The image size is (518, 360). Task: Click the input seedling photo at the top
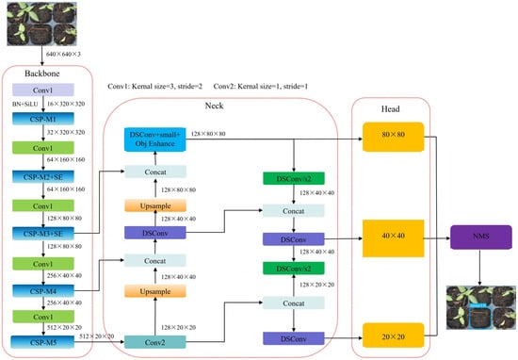click(34, 23)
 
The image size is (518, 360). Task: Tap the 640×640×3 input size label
click(63, 56)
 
